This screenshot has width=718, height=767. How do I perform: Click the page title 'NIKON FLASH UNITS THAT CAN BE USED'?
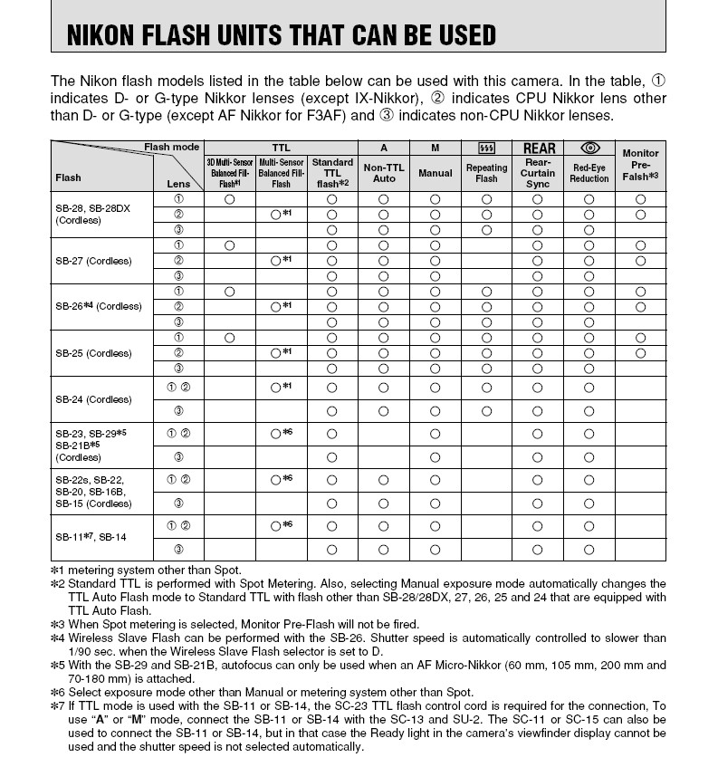282,35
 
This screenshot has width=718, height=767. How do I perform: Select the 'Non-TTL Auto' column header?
384,173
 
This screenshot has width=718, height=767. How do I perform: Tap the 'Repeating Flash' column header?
486,173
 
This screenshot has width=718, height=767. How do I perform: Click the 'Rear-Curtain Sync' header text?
538,173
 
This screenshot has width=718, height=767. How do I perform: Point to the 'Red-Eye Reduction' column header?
589,173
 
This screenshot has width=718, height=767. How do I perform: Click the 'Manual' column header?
435,173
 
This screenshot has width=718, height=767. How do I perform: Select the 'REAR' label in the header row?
539,149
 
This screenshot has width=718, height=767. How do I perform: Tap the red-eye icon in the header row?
589,148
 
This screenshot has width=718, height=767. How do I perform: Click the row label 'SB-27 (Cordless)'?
93,261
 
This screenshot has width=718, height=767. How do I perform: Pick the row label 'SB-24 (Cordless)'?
93,399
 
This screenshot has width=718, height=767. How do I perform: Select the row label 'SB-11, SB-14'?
91,537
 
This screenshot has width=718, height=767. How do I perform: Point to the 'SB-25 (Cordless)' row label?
93,353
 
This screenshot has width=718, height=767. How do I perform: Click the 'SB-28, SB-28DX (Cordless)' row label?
92,214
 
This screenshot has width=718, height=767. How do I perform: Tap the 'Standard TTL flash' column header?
332,173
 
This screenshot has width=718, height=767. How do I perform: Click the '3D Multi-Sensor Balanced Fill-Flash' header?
230,173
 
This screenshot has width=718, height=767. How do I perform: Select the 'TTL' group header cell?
281,148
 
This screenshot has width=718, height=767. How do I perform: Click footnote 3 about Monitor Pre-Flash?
235,624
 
